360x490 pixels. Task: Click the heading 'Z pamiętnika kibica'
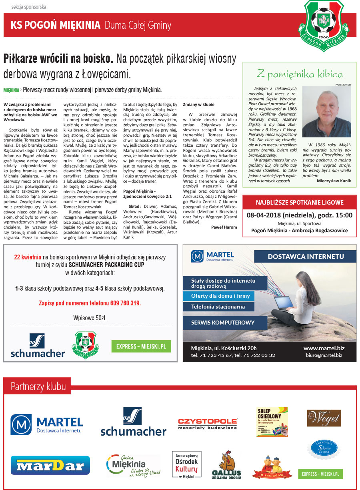click(300, 74)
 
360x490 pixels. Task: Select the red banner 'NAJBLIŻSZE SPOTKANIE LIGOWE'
click(299, 203)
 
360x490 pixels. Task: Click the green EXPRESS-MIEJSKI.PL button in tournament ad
click(141, 346)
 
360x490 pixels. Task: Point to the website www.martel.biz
click(324, 348)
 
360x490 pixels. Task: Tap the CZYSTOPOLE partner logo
click(208, 424)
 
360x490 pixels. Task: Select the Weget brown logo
click(324, 418)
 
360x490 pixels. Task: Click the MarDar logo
click(50, 466)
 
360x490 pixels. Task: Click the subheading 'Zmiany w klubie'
click(198, 104)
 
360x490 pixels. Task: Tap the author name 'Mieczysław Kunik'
click(334, 181)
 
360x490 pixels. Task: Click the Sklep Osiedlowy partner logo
click(272, 422)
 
